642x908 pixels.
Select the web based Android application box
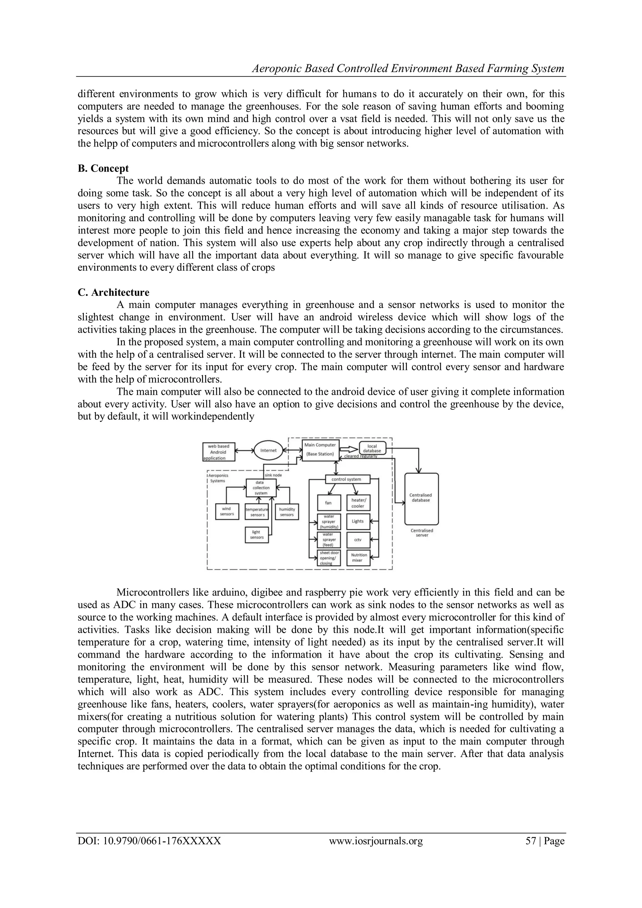pos(218,452)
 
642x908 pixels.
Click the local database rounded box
pos(372,449)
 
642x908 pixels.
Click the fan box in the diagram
pos(329,503)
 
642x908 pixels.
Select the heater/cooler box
pos(358,503)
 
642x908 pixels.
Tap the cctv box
pos(358,539)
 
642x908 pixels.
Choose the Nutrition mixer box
pos(358,558)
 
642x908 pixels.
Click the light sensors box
pos(257,535)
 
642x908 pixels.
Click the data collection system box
pos(261,488)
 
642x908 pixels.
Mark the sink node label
pos(273,475)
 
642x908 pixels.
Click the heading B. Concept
pos(103,168)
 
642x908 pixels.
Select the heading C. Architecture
pos(113,293)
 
